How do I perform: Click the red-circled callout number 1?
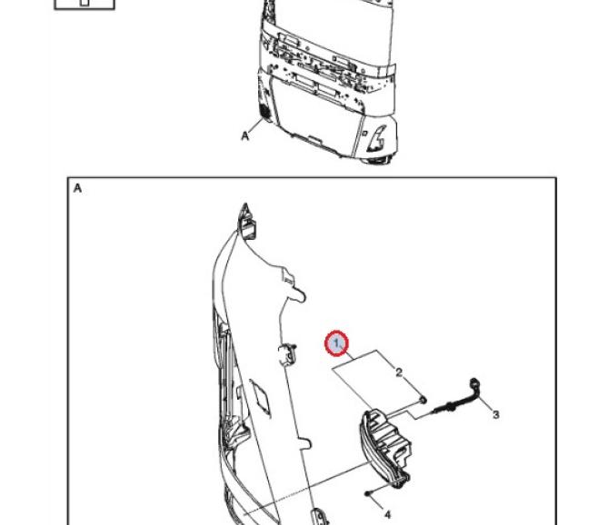click(337, 343)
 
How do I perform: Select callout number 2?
click(398, 372)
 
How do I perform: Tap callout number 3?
click(495, 414)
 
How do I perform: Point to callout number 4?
click(387, 513)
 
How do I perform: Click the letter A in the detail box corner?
click(78, 188)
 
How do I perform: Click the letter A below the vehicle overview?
click(245, 136)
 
